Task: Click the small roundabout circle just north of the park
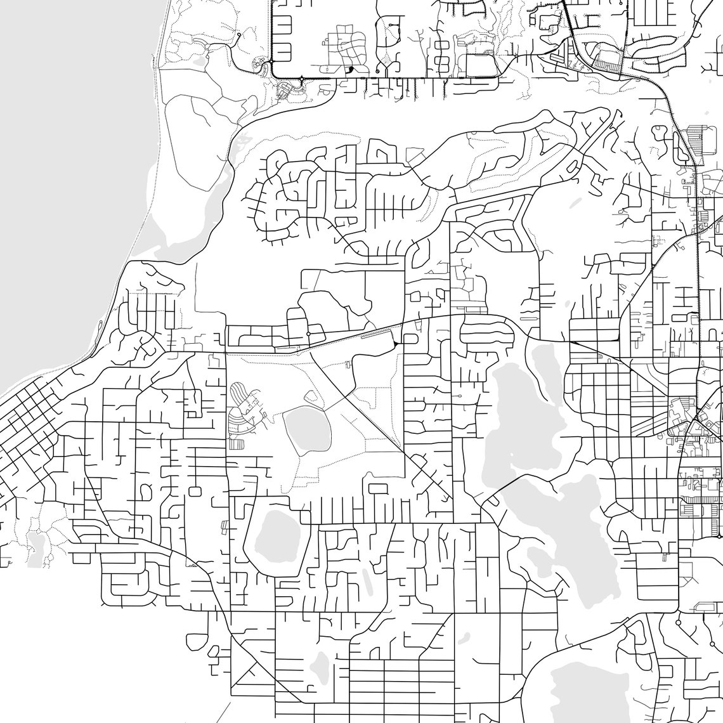[x=308, y=334]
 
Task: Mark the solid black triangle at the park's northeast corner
[x=395, y=343]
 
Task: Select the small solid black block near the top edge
[x=351, y=69]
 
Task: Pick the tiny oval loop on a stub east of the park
[x=458, y=396]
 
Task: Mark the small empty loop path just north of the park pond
[x=311, y=397]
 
